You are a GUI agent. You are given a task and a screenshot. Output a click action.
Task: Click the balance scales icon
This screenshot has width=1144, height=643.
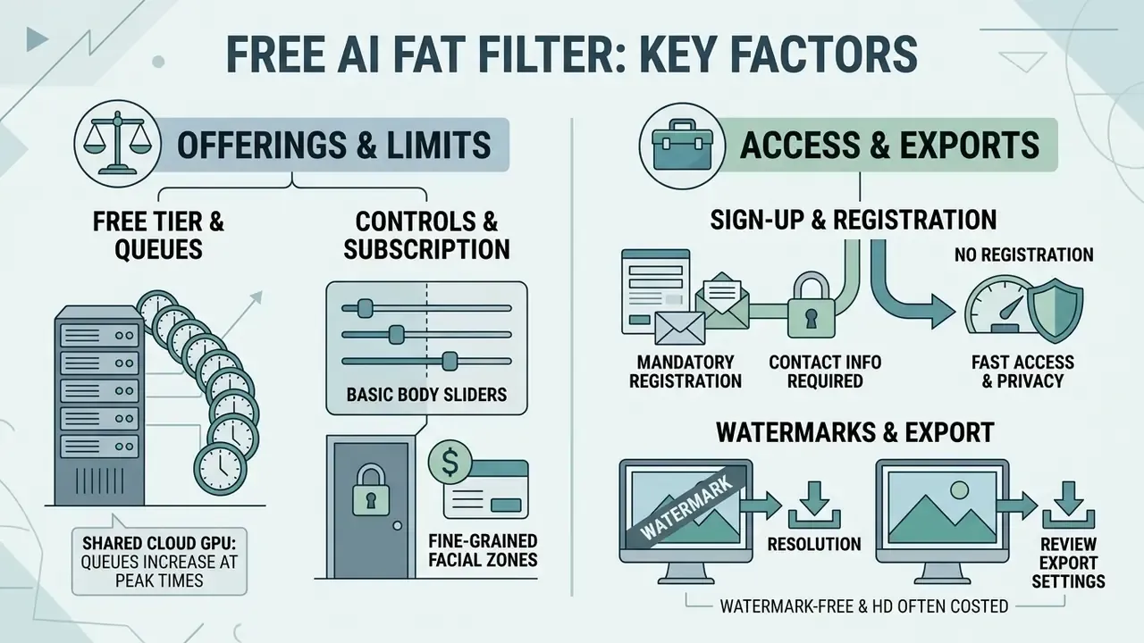point(117,144)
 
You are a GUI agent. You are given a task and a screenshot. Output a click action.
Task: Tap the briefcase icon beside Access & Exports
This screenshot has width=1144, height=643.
point(683,145)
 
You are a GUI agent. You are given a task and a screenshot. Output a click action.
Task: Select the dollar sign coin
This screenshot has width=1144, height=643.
point(450,462)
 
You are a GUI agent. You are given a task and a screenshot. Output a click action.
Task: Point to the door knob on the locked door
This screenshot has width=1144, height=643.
point(397,526)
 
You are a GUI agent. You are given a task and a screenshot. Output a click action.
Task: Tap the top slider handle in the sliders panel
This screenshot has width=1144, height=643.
point(365,308)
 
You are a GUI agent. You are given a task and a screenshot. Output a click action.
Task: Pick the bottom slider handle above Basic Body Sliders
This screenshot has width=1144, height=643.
point(450,361)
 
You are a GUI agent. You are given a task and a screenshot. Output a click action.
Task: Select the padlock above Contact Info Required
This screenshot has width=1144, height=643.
point(811,305)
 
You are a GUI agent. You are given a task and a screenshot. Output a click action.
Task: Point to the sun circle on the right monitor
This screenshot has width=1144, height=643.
point(959,490)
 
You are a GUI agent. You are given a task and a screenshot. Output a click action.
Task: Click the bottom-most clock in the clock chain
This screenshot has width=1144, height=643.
point(220,469)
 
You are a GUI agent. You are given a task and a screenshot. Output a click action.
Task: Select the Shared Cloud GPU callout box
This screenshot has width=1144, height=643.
point(159,561)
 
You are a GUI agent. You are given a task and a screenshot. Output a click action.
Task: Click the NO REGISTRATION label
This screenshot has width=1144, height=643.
point(1023,255)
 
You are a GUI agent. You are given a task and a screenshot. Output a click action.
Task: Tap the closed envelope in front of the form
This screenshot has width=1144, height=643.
point(680,328)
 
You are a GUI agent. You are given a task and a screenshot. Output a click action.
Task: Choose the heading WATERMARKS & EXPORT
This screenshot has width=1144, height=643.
point(855,432)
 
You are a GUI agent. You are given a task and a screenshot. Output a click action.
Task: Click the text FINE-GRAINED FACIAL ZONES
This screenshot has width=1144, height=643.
point(483,550)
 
